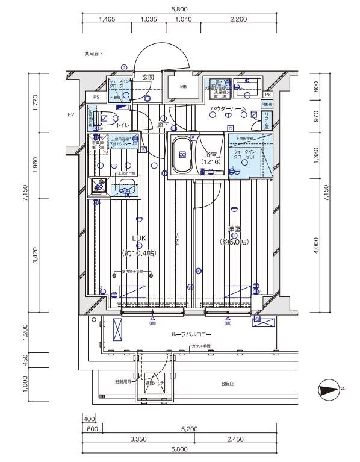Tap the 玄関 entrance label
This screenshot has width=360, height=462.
148,77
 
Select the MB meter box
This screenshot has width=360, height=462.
182,93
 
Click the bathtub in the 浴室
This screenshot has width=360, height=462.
182,155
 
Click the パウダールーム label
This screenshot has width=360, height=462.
228,108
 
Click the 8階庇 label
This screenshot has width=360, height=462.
228,383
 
